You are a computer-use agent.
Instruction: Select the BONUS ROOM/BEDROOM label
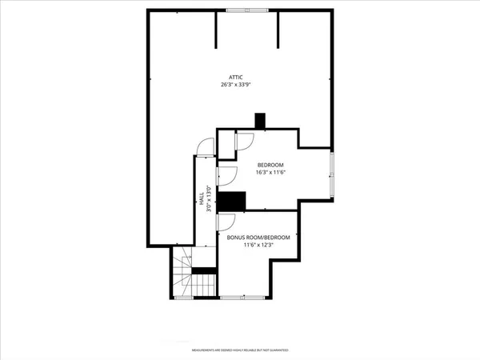[x=258, y=238]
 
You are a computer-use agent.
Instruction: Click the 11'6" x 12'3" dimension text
[x=258, y=246]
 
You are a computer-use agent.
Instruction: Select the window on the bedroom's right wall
[x=333, y=174]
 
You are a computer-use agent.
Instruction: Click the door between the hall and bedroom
[x=226, y=175]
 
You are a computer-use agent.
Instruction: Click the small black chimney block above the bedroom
[x=259, y=121]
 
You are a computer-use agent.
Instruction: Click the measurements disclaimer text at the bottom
[x=240, y=350]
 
